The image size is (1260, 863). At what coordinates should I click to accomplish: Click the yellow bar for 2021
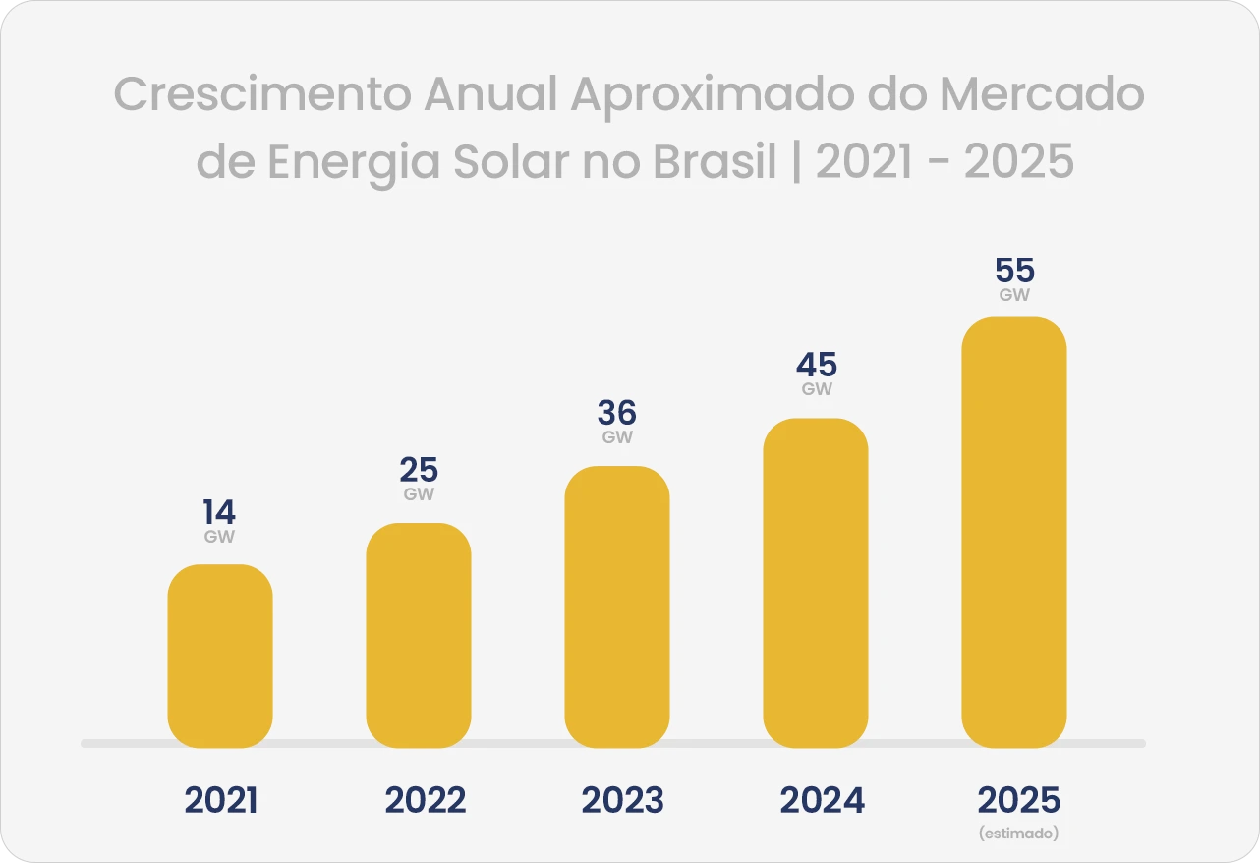coord(220,656)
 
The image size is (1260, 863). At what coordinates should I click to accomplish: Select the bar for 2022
coord(419,635)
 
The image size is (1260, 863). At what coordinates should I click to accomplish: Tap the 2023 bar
coord(617,606)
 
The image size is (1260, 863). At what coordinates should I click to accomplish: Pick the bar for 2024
coord(816,583)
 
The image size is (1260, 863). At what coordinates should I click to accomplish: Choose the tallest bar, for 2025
coord(1014,532)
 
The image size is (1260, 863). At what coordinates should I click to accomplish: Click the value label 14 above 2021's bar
coord(220,512)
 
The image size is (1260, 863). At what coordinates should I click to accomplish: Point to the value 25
coord(419,470)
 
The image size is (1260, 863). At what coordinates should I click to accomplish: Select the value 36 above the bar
coord(617,413)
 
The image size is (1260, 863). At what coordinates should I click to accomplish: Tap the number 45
coord(816,366)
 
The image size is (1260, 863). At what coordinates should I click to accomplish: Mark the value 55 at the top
coord(1014,270)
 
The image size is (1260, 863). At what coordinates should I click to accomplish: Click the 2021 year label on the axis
coord(221,801)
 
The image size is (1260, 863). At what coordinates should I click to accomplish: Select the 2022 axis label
coord(426,801)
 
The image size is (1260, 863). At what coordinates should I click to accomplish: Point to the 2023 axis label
coord(623,801)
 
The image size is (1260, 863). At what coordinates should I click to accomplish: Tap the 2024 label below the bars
coord(823,801)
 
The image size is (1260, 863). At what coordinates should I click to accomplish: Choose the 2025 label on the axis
coord(1019,801)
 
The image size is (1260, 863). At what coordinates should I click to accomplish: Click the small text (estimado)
coord(1019,834)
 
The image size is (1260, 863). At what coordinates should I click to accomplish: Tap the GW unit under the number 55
coord(1014,294)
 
